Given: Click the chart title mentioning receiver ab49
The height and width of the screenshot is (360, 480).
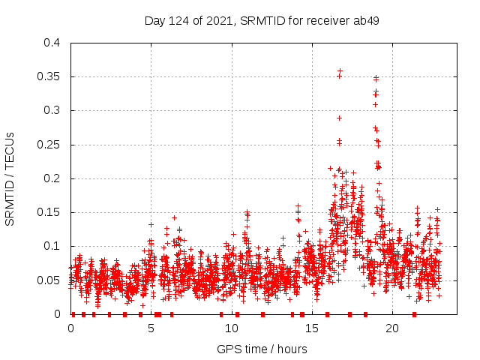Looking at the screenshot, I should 262,20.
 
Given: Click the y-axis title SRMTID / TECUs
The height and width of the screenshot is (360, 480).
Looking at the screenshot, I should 10,178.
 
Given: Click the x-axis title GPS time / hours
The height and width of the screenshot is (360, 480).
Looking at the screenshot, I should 262,349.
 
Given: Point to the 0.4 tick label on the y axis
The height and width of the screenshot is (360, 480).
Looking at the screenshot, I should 51,43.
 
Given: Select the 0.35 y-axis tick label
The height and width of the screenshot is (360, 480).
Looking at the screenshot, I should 48,76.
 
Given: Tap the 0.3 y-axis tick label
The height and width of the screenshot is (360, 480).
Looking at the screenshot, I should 51,110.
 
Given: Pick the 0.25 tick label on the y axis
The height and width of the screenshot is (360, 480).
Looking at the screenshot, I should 48,145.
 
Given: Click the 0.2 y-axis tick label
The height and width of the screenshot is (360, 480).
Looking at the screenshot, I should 51,178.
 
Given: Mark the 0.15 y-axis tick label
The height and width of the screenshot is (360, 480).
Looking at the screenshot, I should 48,212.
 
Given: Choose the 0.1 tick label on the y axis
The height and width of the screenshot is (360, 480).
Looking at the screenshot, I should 51,246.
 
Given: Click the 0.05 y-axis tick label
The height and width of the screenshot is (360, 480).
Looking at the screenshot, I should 48,280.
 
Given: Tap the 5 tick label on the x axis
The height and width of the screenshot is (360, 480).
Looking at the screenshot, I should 151,328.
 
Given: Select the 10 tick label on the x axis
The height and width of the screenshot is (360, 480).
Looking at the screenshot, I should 232,328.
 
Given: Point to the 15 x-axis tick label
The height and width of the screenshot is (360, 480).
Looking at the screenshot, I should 312,328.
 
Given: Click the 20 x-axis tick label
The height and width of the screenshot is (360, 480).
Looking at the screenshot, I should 392,328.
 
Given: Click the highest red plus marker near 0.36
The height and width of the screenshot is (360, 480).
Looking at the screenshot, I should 340,70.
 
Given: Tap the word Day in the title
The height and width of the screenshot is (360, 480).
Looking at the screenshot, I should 155,20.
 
